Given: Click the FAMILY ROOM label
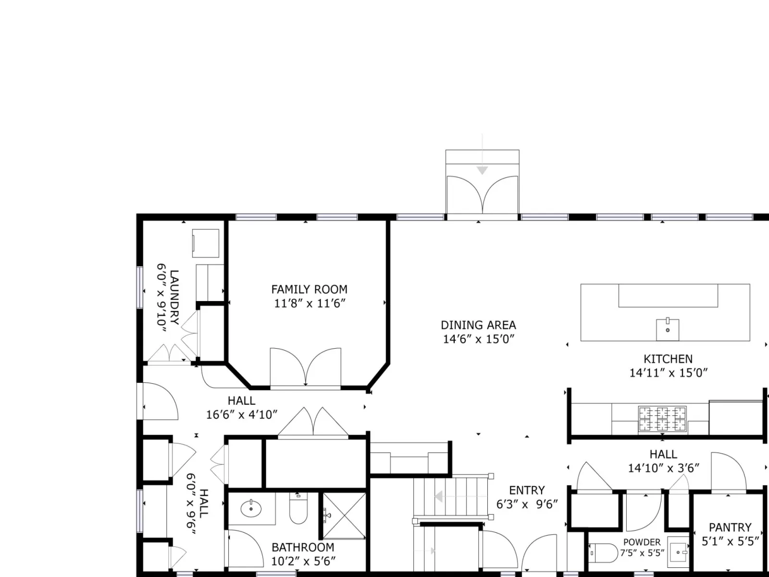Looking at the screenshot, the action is [309, 289].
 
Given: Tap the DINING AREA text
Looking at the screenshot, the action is [478, 325].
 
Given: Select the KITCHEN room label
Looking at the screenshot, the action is [668, 359].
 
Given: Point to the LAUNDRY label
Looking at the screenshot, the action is [174, 298].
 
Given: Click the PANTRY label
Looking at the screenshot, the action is [730, 527].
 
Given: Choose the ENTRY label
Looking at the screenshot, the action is [527, 490].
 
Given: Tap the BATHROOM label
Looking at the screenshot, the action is [303, 547].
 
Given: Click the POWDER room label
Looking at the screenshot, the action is [642, 542].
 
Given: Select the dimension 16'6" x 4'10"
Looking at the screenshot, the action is [241, 415].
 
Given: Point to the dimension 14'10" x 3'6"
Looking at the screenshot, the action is [664, 468].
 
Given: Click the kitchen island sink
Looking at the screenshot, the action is [668, 329].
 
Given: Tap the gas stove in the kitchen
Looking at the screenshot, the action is [662, 419].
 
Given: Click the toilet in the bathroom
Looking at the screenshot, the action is [298, 508].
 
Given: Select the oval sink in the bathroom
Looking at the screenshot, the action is [251, 508].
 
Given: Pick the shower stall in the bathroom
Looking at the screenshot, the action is [344, 515].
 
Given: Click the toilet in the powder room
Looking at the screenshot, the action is [603, 553].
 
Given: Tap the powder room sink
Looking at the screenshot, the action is [678, 552].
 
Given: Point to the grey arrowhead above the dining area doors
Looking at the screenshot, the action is [483, 171].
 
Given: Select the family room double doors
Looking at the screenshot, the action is [306, 367].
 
